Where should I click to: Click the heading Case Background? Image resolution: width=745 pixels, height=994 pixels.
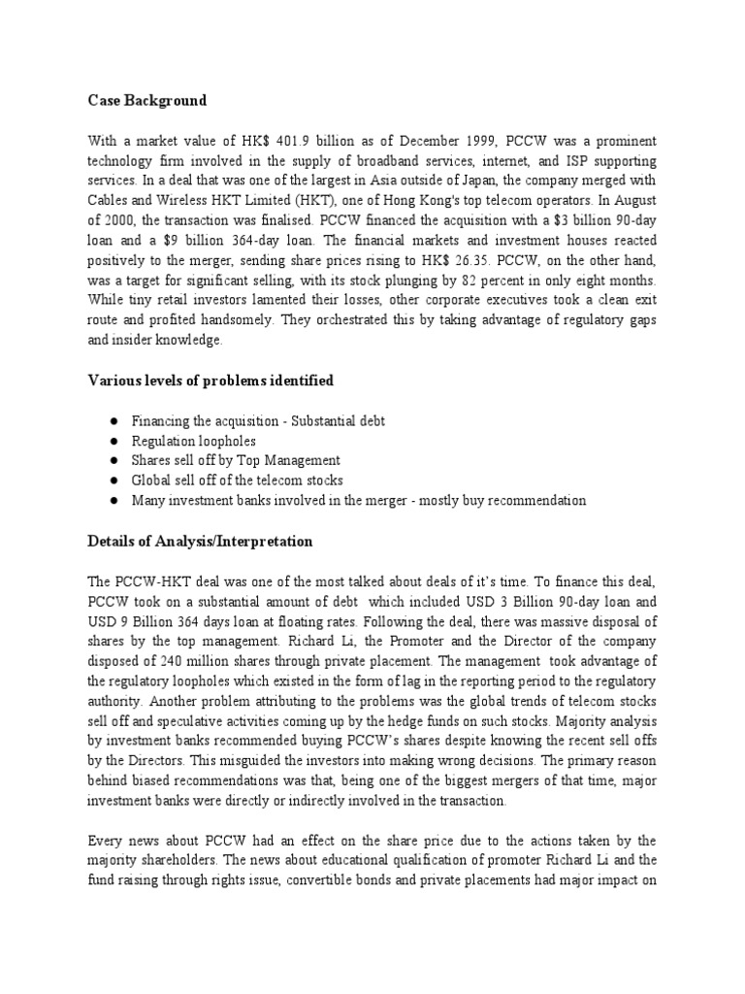pyautogui.click(x=146, y=101)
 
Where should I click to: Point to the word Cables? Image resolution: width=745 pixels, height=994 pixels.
pyautogui.click(x=107, y=200)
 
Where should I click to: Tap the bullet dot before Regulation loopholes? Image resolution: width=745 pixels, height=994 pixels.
pyautogui.click(x=114, y=440)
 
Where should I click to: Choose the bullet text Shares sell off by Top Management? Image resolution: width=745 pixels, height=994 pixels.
pyautogui.click(x=236, y=460)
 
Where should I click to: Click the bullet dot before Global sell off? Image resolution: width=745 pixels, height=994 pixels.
pyautogui.click(x=114, y=480)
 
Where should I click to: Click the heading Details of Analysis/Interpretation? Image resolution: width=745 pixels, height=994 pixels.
pyautogui.click(x=200, y=541)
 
